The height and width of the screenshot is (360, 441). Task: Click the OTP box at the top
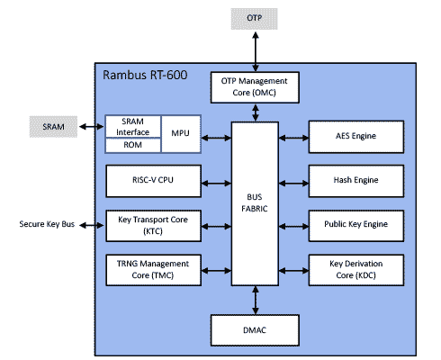coord(256,18)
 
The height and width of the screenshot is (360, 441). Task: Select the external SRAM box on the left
coord(53,127)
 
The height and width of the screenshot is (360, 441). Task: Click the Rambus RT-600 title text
coord(146,75)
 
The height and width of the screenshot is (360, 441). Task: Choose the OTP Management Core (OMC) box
coord(256,86)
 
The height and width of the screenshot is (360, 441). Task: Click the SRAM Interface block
coord(133,126)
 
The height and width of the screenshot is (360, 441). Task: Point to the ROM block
coord(133,144)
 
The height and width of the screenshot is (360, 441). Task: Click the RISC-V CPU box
coord(150,180)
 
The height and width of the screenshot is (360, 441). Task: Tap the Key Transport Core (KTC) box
coord(150,224)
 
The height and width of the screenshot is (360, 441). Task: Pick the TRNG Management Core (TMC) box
coord(150,268)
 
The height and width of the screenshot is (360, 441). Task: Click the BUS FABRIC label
coord(256,203)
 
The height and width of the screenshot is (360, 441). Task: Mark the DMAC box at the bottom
coord(256,329)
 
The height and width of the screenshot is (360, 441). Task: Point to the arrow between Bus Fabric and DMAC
coord(256,300)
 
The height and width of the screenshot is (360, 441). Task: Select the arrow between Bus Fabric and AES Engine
coord(294,137)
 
